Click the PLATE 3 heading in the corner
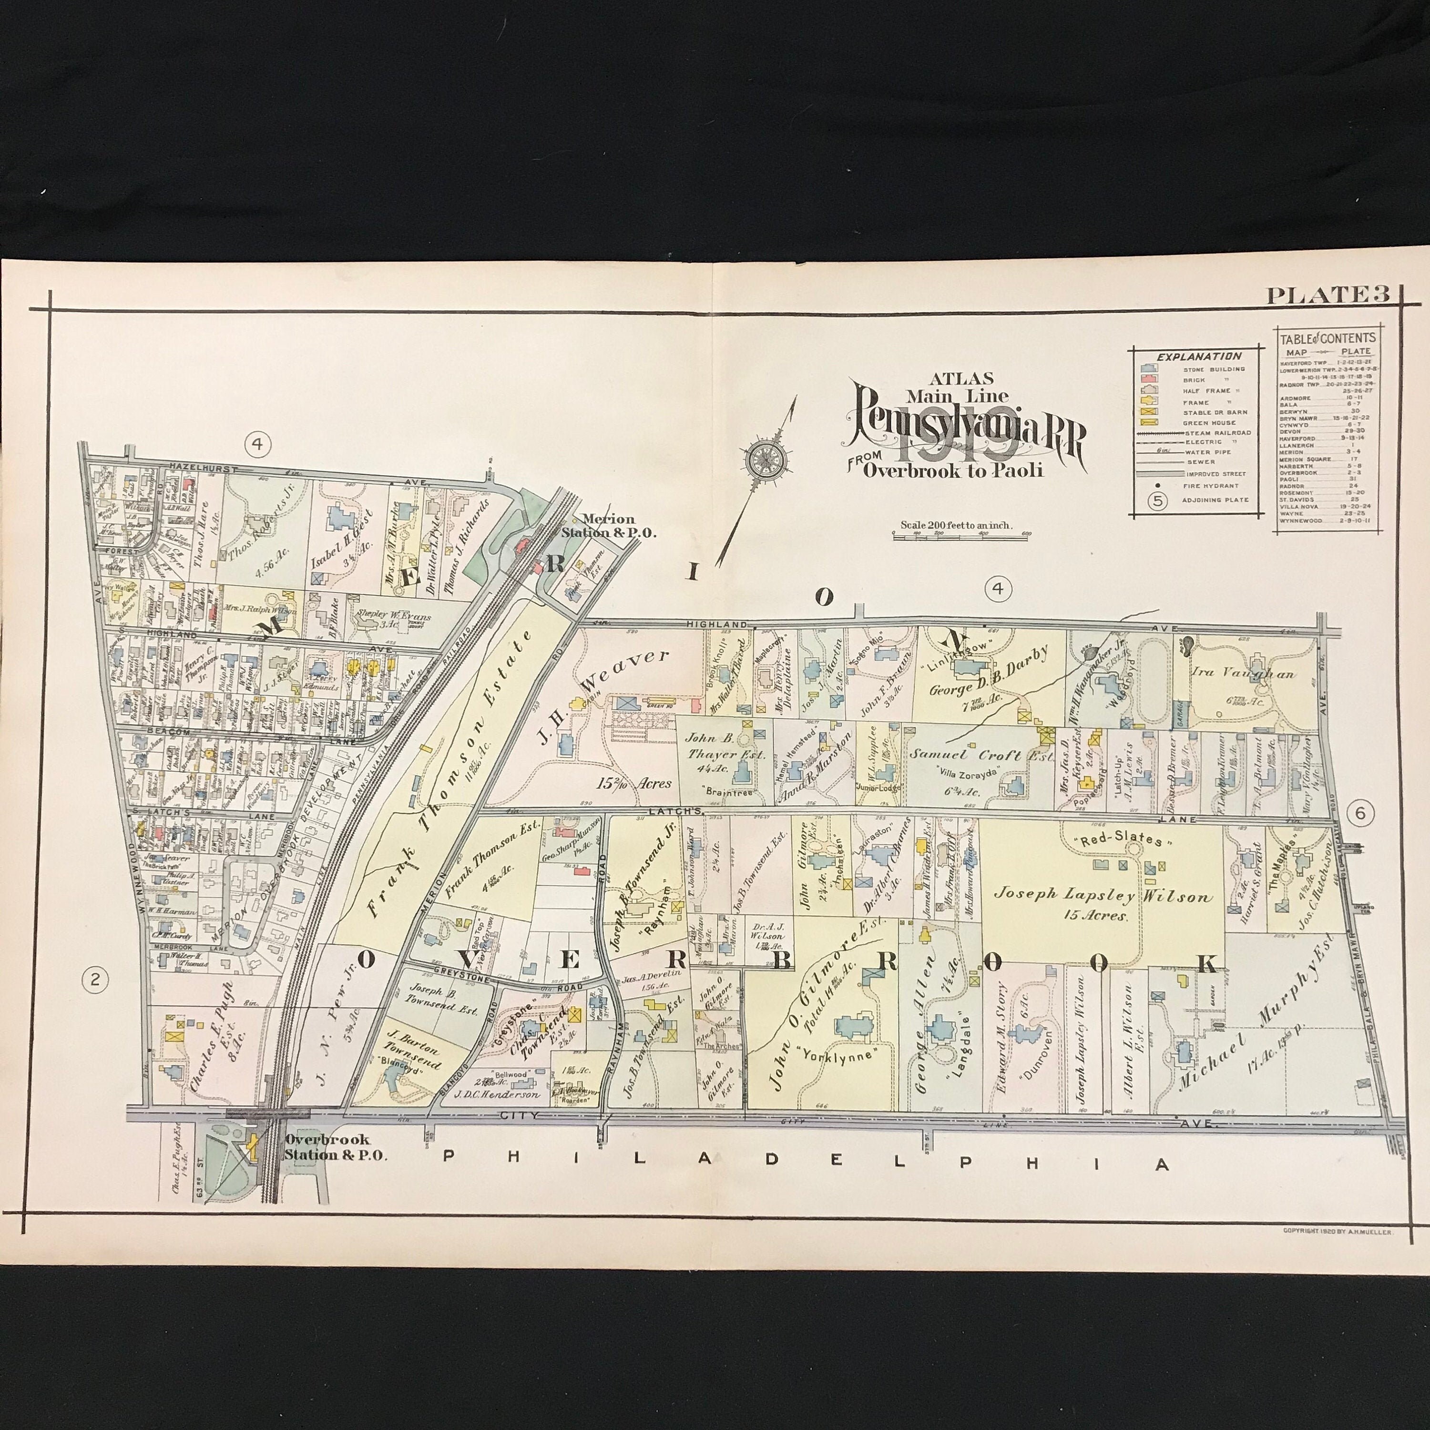click(1327, 296)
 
